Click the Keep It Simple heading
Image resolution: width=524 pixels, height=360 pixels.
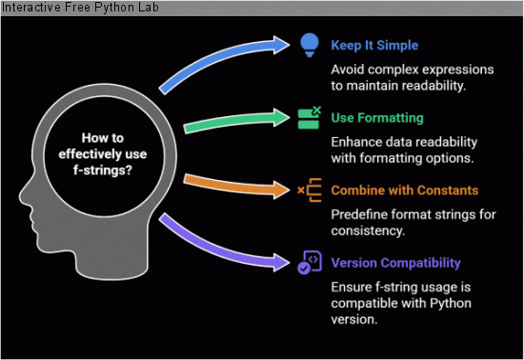[x=375, y=45]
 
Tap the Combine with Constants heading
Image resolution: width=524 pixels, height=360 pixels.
[x=405, y=190]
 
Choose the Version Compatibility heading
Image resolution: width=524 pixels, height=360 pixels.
[x=395, y=263]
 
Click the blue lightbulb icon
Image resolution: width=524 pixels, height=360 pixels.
[x=308, y=44]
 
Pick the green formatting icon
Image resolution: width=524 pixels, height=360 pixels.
[x=308, y=118]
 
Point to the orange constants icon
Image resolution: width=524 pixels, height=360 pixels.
[x=308, y=190]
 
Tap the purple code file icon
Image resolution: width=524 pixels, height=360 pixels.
[x=308, y=263]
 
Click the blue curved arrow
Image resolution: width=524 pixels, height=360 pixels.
[x=219, y=67]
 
